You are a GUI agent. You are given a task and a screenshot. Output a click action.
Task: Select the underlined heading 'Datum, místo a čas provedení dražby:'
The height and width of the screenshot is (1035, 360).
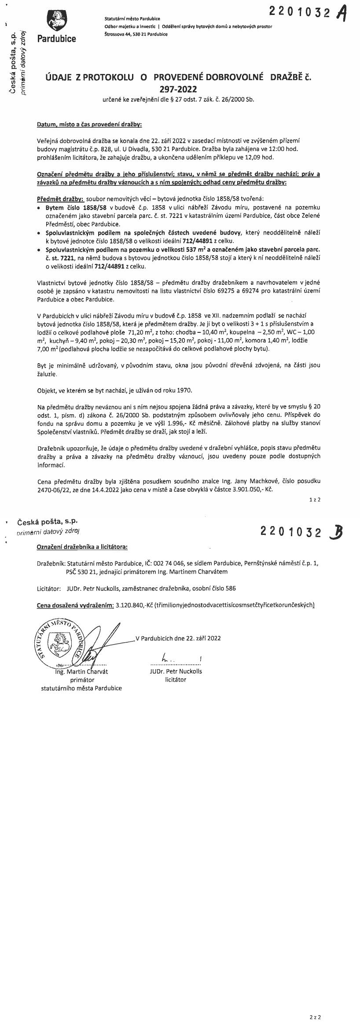pyautogui.click(x=89, y=125)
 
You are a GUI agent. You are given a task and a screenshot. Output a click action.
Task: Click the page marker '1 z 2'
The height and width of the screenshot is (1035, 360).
pyautogui.click(x=315, y=500)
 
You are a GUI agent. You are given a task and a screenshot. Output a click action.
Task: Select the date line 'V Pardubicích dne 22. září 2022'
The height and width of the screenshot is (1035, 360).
pyautogui.click(x=178, y=626)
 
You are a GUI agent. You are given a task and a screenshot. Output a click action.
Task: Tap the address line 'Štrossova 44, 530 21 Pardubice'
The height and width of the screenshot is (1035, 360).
pyautogui.click(x=136, y=34)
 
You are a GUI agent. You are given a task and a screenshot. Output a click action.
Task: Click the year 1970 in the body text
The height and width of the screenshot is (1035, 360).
pyautogui.click(x=184, y=390)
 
